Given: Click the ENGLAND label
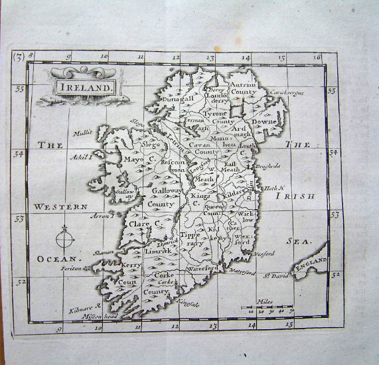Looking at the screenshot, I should [x=312, y=265].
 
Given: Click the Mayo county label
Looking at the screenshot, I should [x=135, y=159].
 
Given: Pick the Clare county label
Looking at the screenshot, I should [x=141, y=225].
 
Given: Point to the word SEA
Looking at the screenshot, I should [x=295, y=242].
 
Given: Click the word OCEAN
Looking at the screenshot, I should [x=58, y=257].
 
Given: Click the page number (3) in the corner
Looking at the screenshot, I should [x=19, y=57].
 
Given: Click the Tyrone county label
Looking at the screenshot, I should [x=214, y=113].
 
